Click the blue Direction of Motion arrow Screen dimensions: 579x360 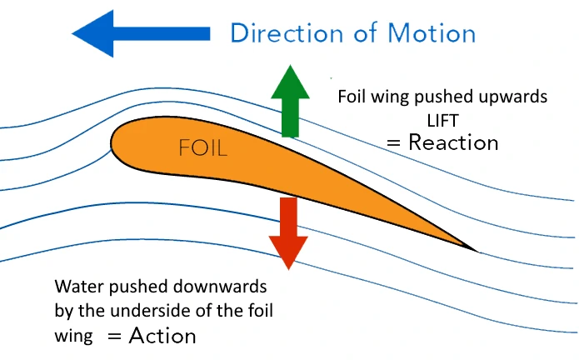(x=141, y=33)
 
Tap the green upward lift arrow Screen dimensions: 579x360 (x=290, y=101)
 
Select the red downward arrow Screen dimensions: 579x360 (x=288, y=233)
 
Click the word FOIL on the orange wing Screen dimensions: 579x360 (x=202, y=148)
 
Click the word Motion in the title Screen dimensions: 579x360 (x=432, y=33)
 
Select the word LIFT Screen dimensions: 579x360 (x=443, y=121)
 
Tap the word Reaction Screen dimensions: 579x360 (x=453, y=142)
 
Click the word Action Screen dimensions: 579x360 (x=162, y=336)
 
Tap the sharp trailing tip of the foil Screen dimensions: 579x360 (x=477, y=252)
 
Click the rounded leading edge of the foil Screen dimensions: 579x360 (x=112, y=143)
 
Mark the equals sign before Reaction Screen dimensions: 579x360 (x=393, y=142)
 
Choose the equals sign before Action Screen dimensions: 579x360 (x=114, y=336)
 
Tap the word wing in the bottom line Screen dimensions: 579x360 (x=73, y=337)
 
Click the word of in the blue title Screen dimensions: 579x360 (x=366, y=33)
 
